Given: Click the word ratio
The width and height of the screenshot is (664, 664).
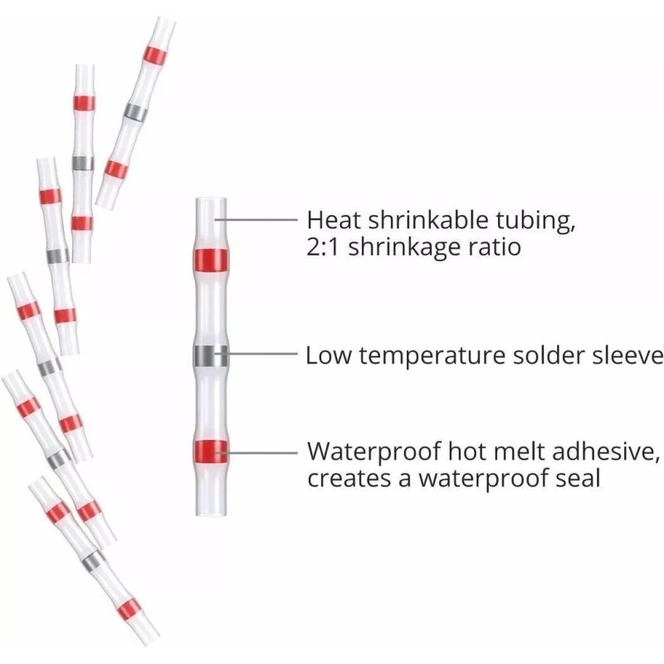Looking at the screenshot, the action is pos(495,247).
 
